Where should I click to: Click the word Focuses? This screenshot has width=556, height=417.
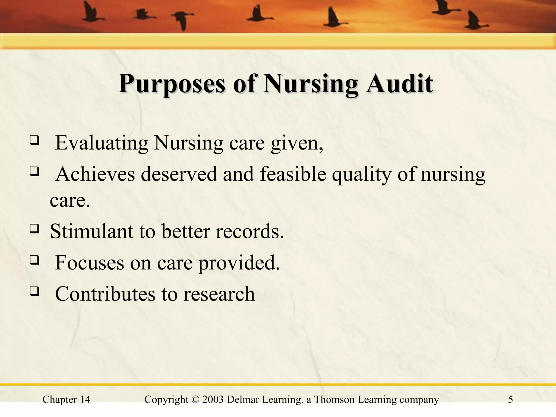point(89,263)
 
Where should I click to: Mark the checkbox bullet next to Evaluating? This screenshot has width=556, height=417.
point(34,141)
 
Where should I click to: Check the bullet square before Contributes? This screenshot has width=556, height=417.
point(34,292)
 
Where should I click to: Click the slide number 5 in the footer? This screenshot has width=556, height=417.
point(510,400)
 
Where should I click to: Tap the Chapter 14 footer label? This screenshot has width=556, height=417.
point(67,400)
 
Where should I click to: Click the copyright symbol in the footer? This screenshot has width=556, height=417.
point(195,400)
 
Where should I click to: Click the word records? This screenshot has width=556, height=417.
point(250,231)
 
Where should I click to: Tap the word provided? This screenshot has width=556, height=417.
point(239,263)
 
